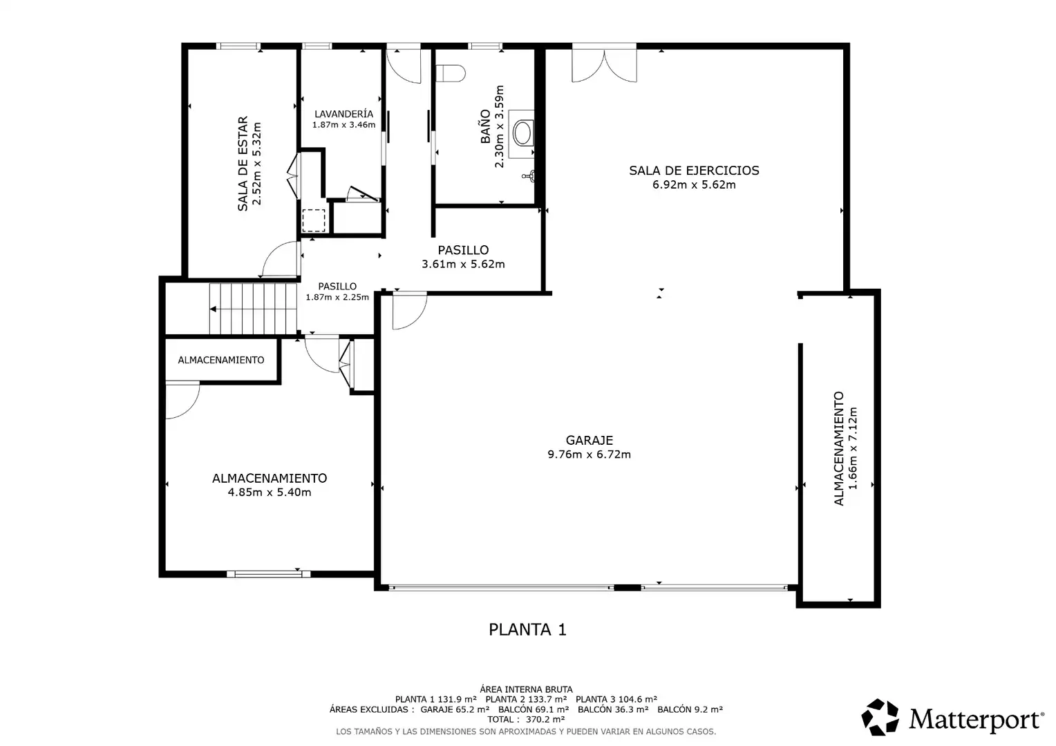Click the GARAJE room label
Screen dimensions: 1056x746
pos(590,440)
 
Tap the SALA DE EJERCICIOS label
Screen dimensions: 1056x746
pos(694,170)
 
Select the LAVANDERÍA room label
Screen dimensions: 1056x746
pos(343,113)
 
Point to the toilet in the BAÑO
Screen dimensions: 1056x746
pos(450,73)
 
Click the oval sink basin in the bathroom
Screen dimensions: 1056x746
pos(522,133)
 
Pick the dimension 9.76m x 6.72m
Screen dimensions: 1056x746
pos(590,455)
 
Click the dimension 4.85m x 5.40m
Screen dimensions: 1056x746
pos(270,492)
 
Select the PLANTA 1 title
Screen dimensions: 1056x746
pos(527,629)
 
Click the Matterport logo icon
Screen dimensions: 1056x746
pos(880,717)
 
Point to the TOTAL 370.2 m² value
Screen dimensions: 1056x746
pos(526,720)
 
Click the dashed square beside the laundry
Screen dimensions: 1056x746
pos(314,220)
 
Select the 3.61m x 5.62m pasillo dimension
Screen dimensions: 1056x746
pos(463,264)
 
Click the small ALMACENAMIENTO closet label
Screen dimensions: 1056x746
pos(221,360)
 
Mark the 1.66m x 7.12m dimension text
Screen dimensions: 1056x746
pos(852,448)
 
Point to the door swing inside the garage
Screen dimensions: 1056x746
pos(410,311)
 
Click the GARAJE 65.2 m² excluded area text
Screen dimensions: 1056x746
pos(455,709)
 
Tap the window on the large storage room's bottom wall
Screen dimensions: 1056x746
pos(269,574)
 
